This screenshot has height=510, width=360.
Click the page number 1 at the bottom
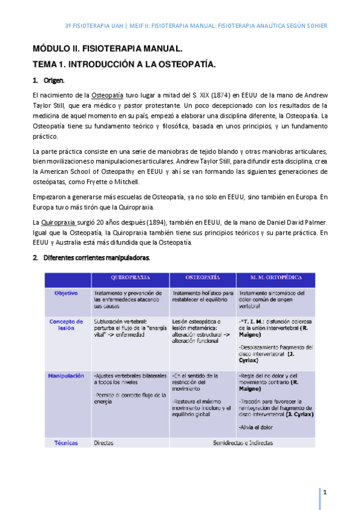(325, 493)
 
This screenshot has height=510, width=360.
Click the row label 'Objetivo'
(66, 293)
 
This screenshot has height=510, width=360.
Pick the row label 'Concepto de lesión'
(66, 325)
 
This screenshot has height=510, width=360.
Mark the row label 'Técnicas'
(66, 443)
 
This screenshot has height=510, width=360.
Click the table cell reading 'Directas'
(105, 443)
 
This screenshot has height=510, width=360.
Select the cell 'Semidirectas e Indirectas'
(243, 443)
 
